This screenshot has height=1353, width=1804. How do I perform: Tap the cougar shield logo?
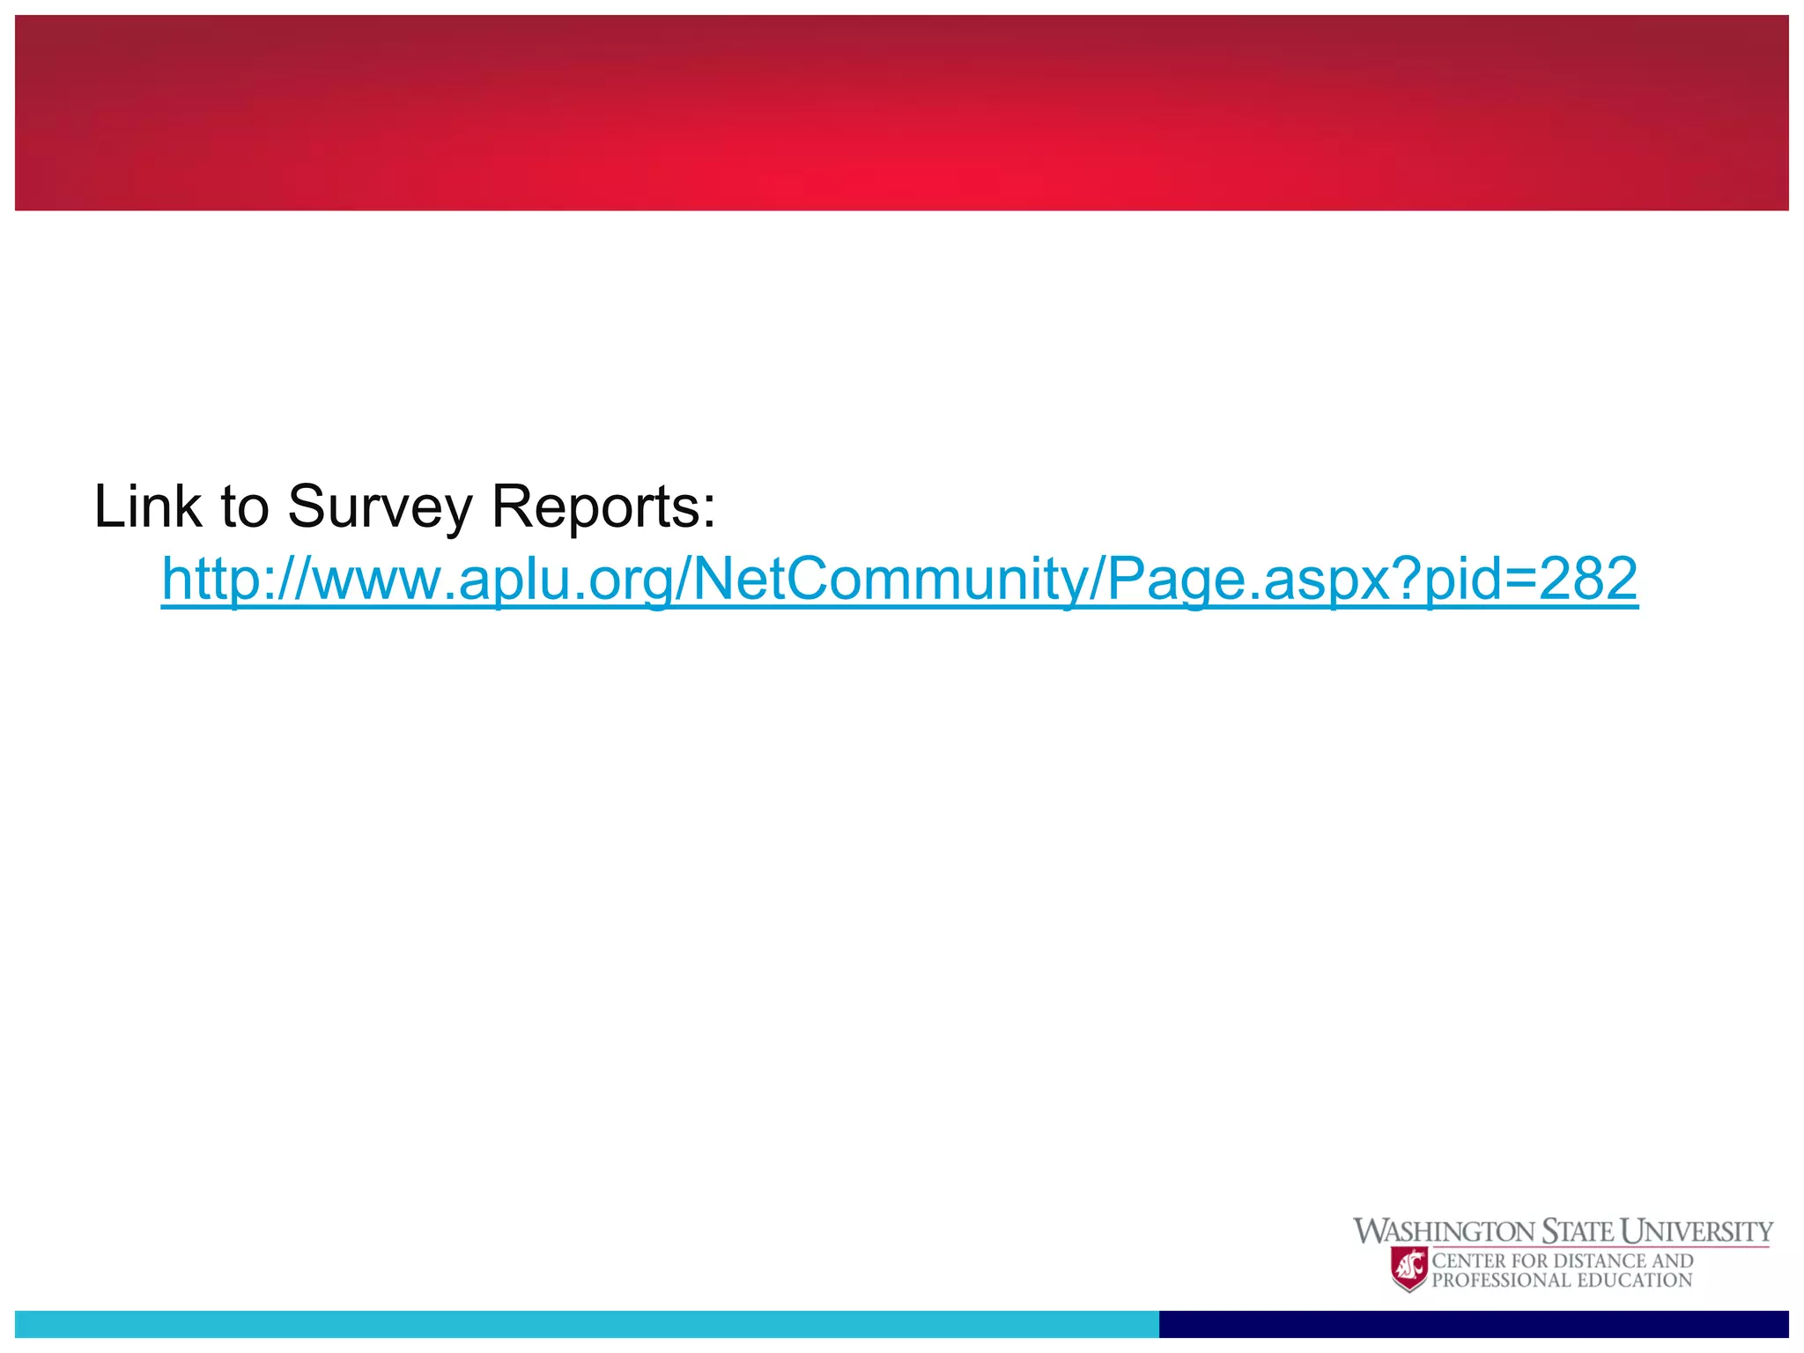(1408, 1269)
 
